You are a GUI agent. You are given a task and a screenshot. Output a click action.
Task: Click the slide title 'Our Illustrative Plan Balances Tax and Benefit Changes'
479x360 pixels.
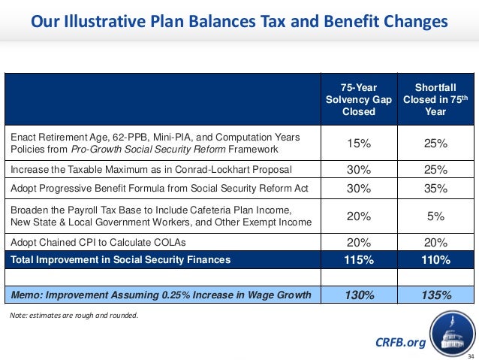[x=239, y=21]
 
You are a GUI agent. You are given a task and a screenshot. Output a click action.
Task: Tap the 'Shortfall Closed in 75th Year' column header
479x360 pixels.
[x=435, y=100]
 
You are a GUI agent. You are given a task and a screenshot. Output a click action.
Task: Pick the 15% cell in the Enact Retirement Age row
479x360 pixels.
[x=358, y=144]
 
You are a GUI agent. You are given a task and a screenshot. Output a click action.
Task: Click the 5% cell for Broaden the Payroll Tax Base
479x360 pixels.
[x=435, y=216]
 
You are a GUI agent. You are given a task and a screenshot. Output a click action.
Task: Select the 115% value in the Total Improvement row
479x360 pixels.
[x=358, y=260]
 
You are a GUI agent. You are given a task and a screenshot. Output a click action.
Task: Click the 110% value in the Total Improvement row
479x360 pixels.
[x=435, y=260]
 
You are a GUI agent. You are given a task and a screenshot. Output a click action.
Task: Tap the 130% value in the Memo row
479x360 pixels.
[x=358, y=295]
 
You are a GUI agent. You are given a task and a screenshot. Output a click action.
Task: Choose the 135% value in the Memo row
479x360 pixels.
[x=435, y=295]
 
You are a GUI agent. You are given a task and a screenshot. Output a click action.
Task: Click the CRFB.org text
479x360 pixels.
[x=400, y=343]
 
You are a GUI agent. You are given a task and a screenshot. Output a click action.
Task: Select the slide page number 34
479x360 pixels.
[x=471, y=355]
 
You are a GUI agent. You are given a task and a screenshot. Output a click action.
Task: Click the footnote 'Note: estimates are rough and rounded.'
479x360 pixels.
[x=74, y=315]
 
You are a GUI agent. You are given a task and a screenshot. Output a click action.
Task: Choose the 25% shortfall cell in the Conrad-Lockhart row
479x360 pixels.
[x=435, y=170]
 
